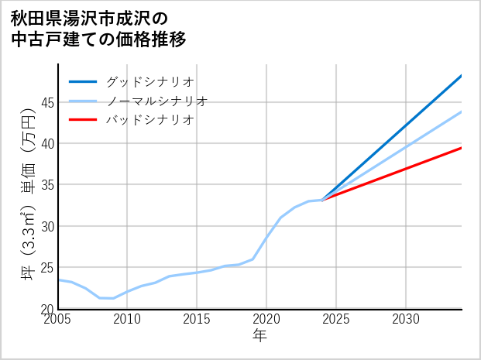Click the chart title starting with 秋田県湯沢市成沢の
coord(98,28)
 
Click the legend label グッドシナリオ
coord(149,81)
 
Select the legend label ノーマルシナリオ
coord(156,101)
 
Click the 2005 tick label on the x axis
coord(58,319)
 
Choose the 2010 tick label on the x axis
coord(127,319)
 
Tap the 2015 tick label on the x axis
coord(197,319)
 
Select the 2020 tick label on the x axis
coord(266,319)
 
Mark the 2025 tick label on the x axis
coord(336,319)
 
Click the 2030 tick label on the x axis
coord(406,319)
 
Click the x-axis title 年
coord(259,336)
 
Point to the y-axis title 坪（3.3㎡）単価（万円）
coord(28,197)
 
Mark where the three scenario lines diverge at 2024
coord(322,200)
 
